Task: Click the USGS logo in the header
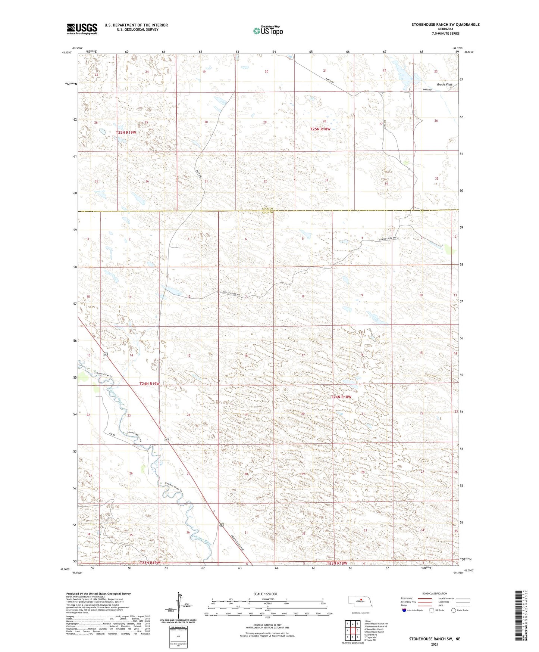tap(82, 28)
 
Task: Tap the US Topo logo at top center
tap(267, 31)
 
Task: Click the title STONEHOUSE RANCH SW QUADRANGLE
tap(445, 25)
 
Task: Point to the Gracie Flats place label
tap(444, 85)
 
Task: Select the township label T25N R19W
tap(126, 133)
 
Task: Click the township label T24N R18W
tap(341, 397)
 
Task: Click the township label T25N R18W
tap(320, 129)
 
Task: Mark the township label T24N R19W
tap(149, 384)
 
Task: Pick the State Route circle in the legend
tap(454, 610)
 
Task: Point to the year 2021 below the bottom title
tap(434, 644)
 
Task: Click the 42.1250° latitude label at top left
tap(66, 53)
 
